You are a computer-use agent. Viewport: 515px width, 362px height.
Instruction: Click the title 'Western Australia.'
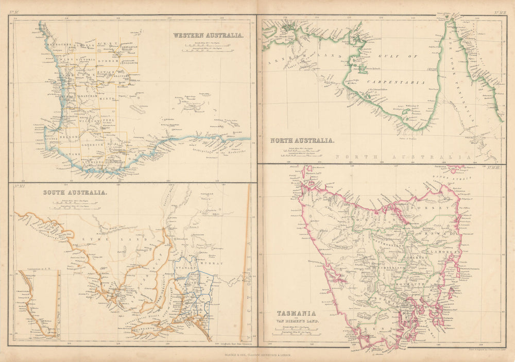click(x=208, y=36)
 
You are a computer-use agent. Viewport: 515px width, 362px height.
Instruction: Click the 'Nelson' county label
click(x=71, y=137)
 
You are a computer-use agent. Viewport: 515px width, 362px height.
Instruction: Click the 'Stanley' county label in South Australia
click(x=183, y=268)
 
